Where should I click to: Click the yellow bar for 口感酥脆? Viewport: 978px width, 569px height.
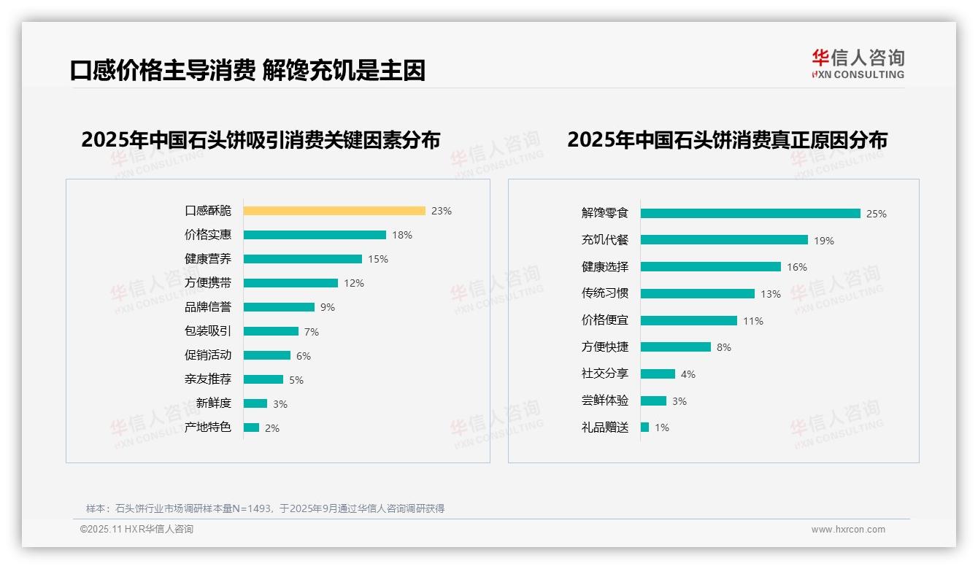point(334,211)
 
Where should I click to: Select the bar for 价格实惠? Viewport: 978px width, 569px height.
point(315,235)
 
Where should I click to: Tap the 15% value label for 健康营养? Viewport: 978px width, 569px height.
point(378,259)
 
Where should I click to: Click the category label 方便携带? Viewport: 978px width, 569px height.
point(208,283)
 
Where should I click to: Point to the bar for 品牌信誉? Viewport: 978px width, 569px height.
point(279,307)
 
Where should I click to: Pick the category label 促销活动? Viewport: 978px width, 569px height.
point(208,355)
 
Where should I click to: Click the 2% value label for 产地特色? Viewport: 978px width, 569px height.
point(272,428)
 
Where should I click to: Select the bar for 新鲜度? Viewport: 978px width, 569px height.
point(255,403)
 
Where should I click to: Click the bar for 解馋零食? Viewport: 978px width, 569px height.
point(750,214)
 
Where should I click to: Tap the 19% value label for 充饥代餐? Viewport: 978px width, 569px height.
point(824,241)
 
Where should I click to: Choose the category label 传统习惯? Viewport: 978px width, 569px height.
point(605,293)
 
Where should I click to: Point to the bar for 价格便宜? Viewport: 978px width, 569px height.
point(689,321)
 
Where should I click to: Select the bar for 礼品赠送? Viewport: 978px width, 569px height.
point(644,427)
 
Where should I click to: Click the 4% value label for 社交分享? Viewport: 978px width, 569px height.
point(688,374)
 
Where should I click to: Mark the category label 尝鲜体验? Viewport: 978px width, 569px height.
point(605,400)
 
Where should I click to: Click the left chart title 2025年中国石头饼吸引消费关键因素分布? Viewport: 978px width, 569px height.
point(261,140)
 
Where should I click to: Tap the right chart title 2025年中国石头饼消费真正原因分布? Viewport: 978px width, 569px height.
point(727,140)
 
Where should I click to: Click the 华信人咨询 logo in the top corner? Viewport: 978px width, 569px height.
point(858,63)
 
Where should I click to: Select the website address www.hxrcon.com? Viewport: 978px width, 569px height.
point(848,530)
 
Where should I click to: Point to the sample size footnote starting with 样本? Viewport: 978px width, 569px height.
point(265,508)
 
